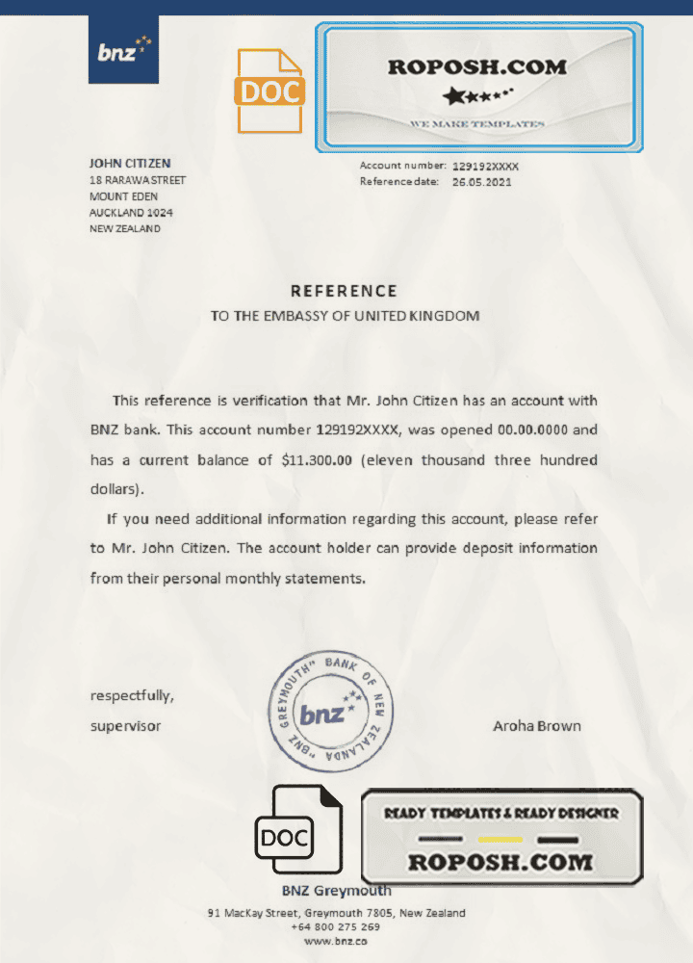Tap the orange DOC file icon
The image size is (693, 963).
point(269,91)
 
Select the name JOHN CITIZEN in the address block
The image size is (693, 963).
point(130,164)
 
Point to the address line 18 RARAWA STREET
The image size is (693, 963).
point(138,180)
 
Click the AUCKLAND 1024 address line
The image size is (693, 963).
point(131,213)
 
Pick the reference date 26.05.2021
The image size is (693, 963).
point(483,181)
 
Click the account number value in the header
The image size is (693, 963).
point(485,166)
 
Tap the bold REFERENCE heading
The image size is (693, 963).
point(344,291)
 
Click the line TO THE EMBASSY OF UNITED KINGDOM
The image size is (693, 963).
point(345,315)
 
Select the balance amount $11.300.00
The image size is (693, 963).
point(318,460)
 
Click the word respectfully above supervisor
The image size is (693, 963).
point(132,695)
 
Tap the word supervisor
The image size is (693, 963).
point(125,726)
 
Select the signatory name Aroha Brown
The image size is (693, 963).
point(536,726)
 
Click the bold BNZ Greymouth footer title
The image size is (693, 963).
point(336,891)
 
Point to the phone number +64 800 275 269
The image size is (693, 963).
point(335,926)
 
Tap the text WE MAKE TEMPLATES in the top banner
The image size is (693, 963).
point(477,124)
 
